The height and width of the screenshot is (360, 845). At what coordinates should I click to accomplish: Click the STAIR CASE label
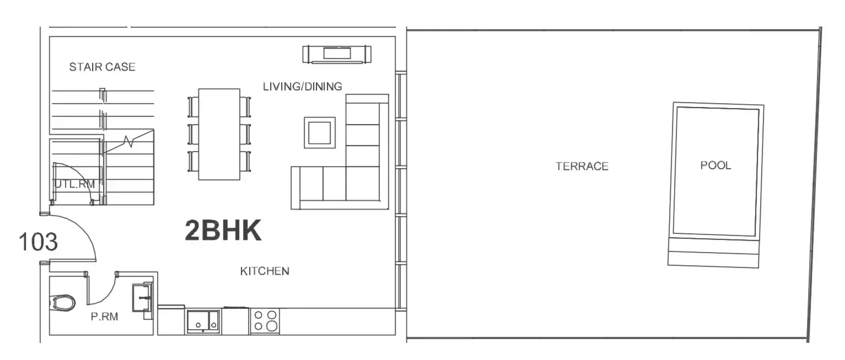102,67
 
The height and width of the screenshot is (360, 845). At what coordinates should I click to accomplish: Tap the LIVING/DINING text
303,87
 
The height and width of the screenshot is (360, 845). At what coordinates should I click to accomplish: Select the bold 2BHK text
223,230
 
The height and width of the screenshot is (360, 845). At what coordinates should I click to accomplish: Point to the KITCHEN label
265,271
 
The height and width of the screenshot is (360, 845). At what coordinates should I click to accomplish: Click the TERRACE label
582,166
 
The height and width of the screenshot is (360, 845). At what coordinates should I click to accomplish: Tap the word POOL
715,165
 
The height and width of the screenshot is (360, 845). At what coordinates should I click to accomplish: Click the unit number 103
38,241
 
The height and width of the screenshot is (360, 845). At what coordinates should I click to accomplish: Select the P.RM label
105,316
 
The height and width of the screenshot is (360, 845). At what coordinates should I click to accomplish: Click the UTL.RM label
75,184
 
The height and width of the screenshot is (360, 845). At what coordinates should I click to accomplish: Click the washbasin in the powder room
142,298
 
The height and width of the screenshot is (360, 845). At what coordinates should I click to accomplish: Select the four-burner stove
265,321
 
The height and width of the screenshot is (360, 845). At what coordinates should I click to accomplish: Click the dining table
219,135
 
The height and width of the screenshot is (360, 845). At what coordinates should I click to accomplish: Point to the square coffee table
320,132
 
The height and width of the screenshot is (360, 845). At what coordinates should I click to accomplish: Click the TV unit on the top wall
337,54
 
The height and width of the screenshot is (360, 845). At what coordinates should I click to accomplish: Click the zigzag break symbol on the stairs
128,141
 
